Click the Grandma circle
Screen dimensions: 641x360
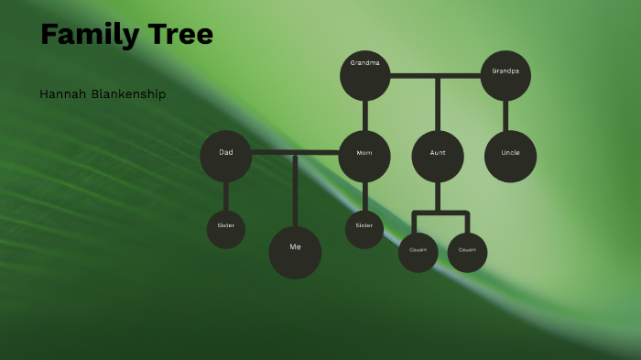tap(365, 75)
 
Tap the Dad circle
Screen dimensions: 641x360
tap(226, 156)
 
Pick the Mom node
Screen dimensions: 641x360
tap(364, 156)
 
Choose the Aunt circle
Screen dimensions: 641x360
tap(438, 156)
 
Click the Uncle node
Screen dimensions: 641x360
tap(510, 156)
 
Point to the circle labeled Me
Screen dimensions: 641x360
tap(295, 252)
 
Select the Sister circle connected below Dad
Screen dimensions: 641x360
tap(226, 229)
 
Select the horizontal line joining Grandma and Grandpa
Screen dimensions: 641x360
tap(436, 75)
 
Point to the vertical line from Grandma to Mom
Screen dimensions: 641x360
tap(365, 115)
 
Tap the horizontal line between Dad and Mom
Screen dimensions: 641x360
tap(295, 152)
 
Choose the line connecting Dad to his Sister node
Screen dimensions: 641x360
tap(226, 196)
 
